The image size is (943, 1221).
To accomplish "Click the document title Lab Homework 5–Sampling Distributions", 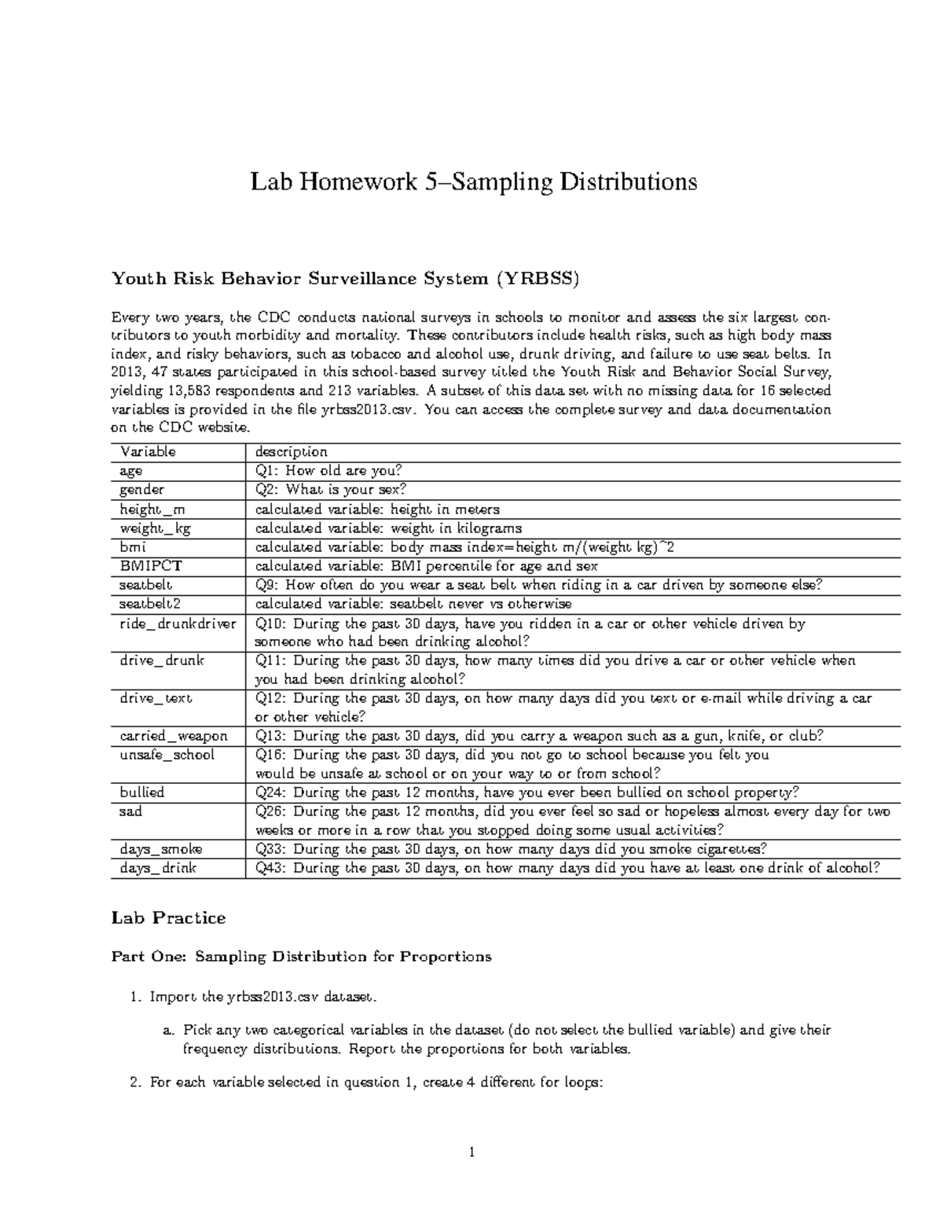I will point(473,182).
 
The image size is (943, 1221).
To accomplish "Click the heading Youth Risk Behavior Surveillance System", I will point(345,278).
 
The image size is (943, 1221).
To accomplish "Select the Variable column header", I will point(148,452).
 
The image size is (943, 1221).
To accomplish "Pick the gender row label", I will point(141,490).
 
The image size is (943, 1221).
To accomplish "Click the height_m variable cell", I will point(152,509).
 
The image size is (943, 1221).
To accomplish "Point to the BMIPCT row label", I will point(151,566).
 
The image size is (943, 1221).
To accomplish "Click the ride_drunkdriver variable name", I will point(178,623).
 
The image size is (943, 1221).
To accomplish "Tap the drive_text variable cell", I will point(156,698).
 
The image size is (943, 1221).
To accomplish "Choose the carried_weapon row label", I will point(174,736).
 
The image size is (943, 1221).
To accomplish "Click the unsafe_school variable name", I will point(167,755).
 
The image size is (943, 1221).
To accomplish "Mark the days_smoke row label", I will point(161,849).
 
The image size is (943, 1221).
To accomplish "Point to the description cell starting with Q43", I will point(567,868).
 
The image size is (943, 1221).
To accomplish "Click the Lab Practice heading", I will point(168,918).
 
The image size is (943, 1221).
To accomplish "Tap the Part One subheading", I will point(301,957).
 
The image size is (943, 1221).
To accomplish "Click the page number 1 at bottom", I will point(472,1153).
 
